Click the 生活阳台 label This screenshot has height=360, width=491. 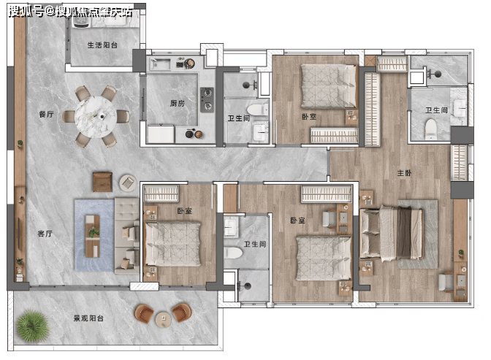[x=102, y=45]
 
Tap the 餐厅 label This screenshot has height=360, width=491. [x=46, y=114]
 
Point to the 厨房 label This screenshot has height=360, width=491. [x=178, y=103]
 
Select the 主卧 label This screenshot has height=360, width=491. [x=404, y=173]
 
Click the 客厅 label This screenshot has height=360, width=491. [x=45, y=234]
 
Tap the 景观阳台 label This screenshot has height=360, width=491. [x=88, y=318]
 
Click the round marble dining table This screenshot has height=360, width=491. [x=96, y=117]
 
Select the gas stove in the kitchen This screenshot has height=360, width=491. [x=207, y=99]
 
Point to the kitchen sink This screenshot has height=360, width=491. [x=160, y=64]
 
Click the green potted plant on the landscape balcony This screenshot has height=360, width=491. [x=32, y=326]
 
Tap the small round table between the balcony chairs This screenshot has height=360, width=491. [x=164, y=320]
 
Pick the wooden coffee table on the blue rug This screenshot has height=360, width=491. [x=93, y=236]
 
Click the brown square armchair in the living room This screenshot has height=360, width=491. [x=102, y=182]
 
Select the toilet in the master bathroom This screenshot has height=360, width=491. [x=431, y=129]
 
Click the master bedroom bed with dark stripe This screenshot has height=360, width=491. [x=391, y=232]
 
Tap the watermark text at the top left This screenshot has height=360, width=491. [x=70, y=12]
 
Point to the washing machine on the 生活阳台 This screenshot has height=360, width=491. [x=81, y=20]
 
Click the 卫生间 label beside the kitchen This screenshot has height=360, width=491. [x=239, y=118]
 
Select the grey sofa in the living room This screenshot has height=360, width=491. [x=127, y=236]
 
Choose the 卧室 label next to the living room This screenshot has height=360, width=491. [x=184, y=211]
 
